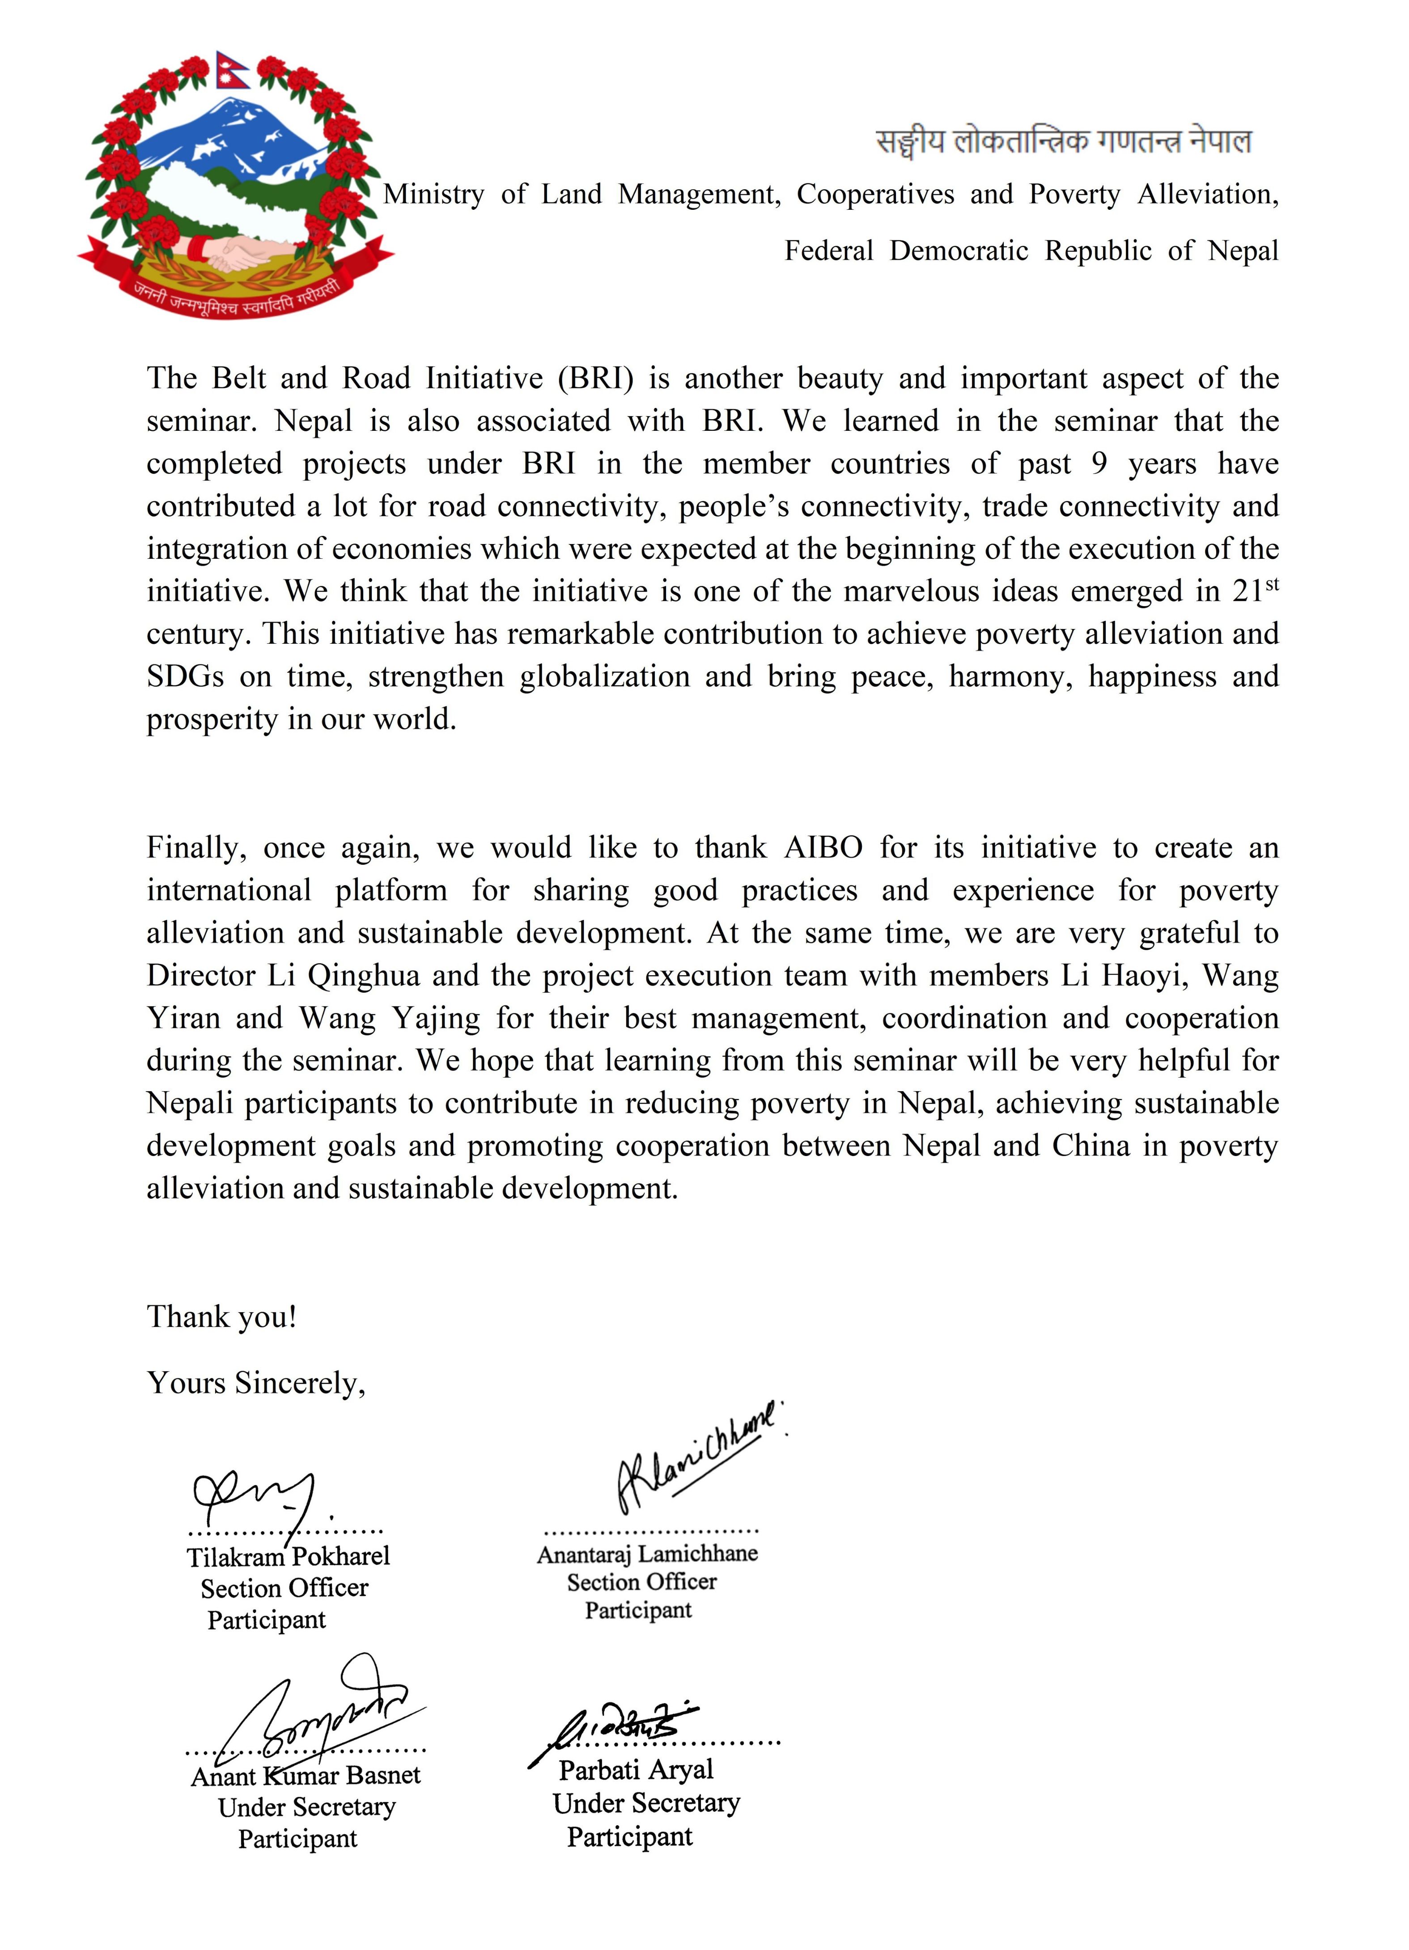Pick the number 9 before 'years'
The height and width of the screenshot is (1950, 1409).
(x=1099, y=463)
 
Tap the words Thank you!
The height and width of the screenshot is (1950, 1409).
(x=222, y=1317)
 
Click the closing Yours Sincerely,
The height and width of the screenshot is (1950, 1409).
(x=256, y=1383)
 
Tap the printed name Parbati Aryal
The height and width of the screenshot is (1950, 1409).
(x=636, y=1769)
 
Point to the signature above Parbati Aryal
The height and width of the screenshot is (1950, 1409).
(x=615, y=1724)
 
